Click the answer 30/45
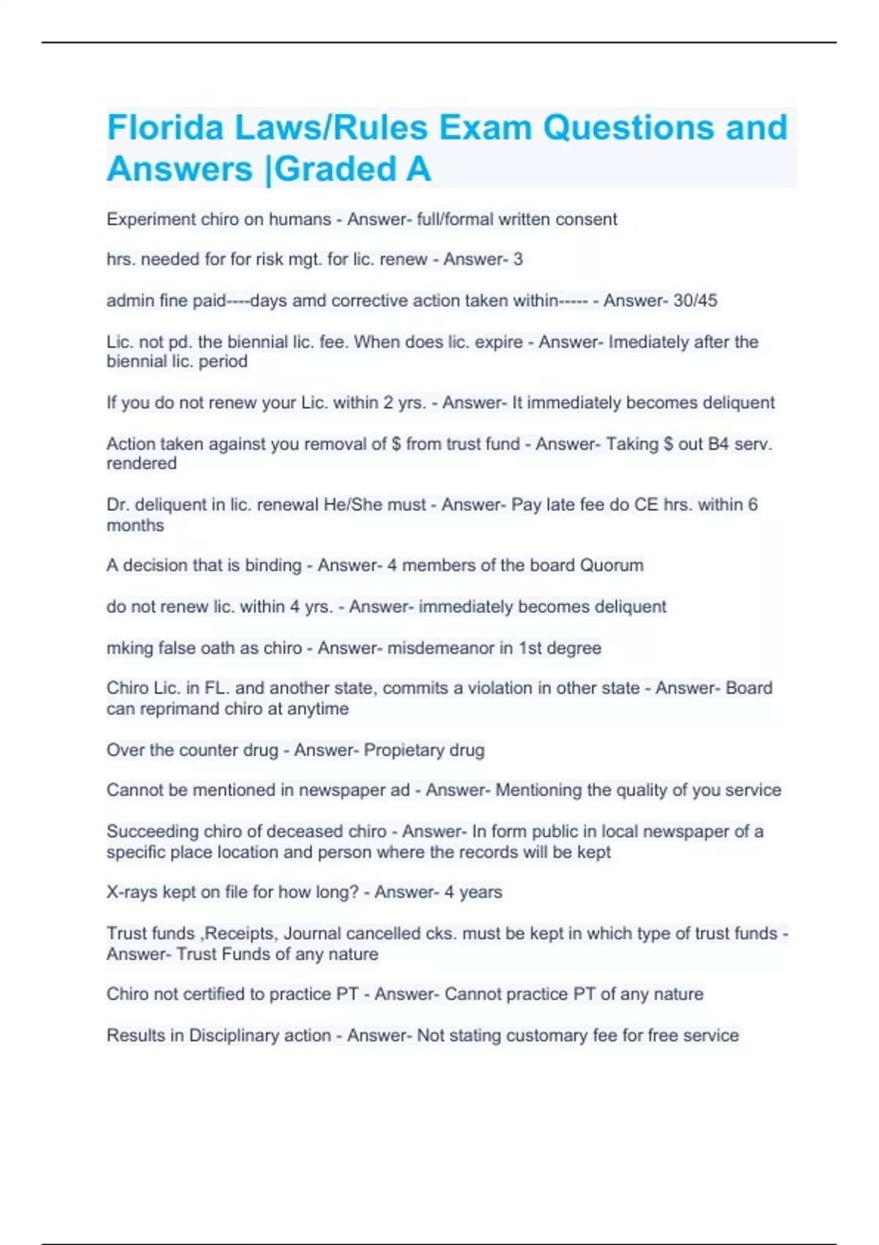pyautogui.click(x=697, y=301)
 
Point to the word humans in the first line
pyautogui.click(x=300, y=220)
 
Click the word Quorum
pyautogui.click(x=612, y=565)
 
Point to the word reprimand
pyautogui.click(x=179, y=709)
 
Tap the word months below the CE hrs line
pyautogui.click(x=136, y=525)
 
